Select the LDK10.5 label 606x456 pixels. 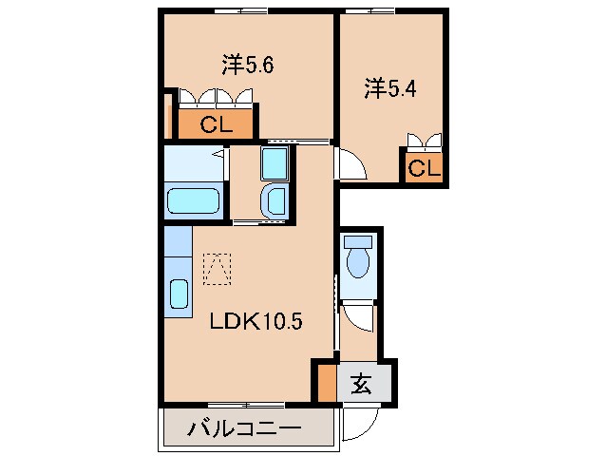tap(256, 321)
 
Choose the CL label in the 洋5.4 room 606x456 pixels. tap(424, 169)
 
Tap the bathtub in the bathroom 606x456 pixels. tap(193, 201)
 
